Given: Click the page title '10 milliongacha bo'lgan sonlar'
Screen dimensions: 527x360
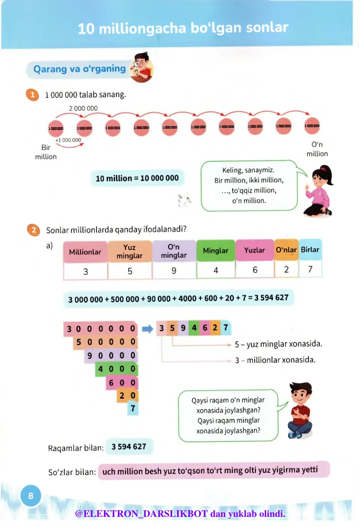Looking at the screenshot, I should (x=183, y=28).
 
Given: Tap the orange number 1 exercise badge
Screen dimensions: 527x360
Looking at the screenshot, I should (x=32, y=95).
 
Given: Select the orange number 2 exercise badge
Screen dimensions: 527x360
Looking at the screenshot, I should (x=33, y=230).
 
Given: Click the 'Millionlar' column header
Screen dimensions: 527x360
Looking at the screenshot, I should (x=85, y=252).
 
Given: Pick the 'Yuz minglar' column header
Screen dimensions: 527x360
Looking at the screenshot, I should (x=130, y=252).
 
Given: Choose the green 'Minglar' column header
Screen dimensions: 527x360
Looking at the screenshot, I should (x=215, y=251).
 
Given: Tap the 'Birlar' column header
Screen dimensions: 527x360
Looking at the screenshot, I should (x=310, y=250).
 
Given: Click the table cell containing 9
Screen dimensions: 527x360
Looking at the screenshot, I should (x=174, y=271).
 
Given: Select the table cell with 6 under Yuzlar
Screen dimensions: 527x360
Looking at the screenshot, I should (x=255, y=270).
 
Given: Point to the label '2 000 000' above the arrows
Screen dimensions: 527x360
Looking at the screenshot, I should (x=83, y=108).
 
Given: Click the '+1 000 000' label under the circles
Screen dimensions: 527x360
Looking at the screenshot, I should (x=68, y=140).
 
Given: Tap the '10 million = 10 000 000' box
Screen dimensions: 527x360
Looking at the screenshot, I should (x=137, y=178).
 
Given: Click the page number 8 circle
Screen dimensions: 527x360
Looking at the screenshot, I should (x=30, y=496).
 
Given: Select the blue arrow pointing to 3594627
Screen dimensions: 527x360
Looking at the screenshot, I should (x=147, y=329).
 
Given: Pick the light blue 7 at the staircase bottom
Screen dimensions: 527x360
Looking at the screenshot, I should (x=133, y=409).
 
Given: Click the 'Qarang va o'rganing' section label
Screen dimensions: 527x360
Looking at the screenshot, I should (x=80, y=69).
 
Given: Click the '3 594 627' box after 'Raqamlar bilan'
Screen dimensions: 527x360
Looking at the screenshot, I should (x=129, y=447).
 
